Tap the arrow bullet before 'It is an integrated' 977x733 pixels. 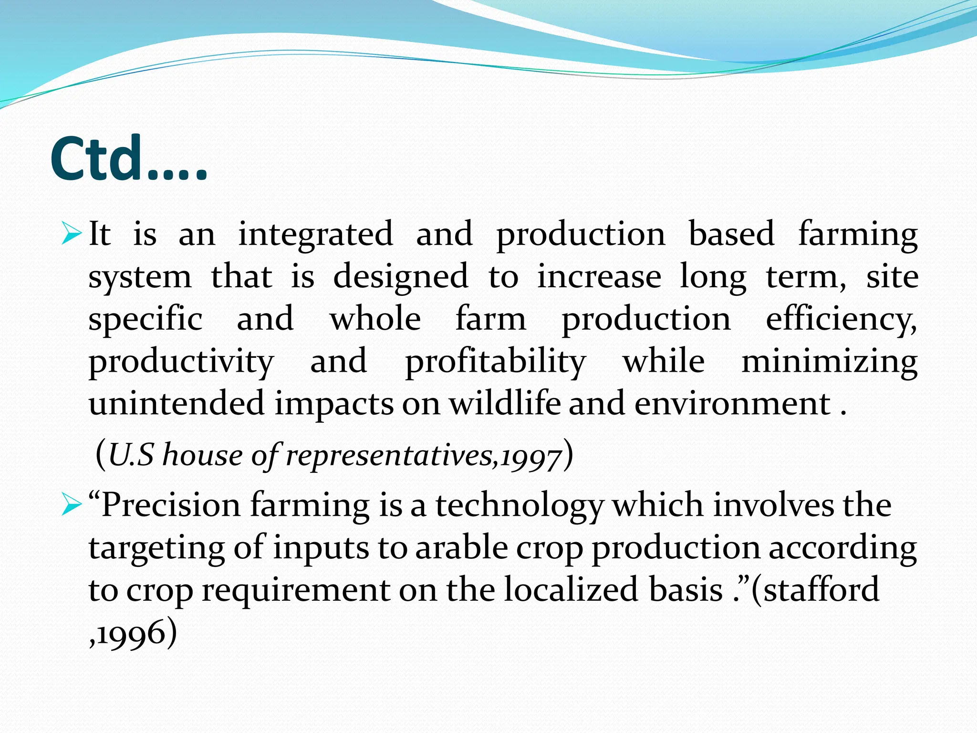coord(72,233)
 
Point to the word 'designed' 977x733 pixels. coord(400,277)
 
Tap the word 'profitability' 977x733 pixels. coord(495,361)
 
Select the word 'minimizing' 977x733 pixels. coord(829,361)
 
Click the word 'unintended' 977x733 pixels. coord(177,403)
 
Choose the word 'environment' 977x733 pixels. coord(733,403)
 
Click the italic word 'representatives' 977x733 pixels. coord(389,455)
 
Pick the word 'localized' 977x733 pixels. coord(571,589)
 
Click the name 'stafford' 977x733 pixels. coord(821,589)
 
